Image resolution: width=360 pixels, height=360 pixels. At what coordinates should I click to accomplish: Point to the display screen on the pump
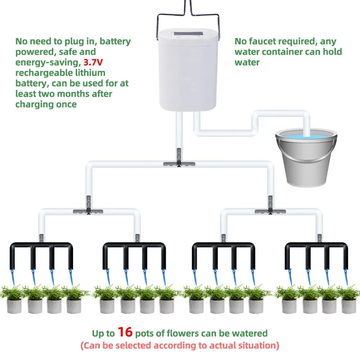tap(187, 35)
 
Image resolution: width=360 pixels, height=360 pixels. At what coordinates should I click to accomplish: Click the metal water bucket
tap(306, 162)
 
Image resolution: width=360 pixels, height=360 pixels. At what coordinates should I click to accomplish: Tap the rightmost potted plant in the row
tap(348, 299)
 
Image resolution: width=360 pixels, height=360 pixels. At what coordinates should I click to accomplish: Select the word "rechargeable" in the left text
tap(43, 73)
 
